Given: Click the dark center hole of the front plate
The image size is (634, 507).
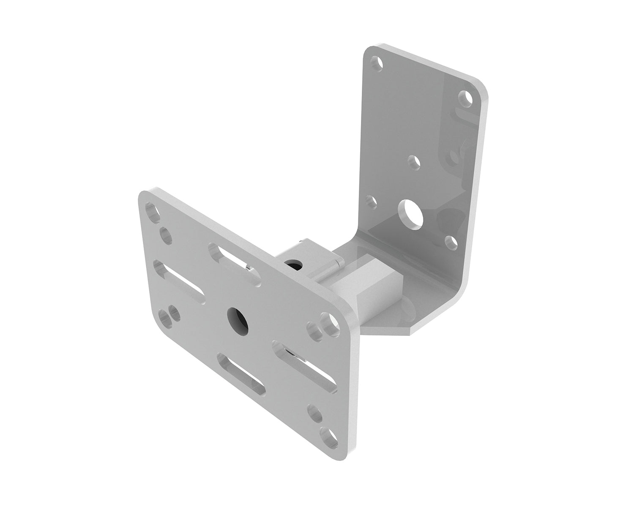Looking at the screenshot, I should [x=235, y=316].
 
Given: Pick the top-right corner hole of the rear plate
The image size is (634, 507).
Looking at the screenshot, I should [x=466, y=98].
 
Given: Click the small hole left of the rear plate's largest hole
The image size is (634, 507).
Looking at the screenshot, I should [x=372, y=202].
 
